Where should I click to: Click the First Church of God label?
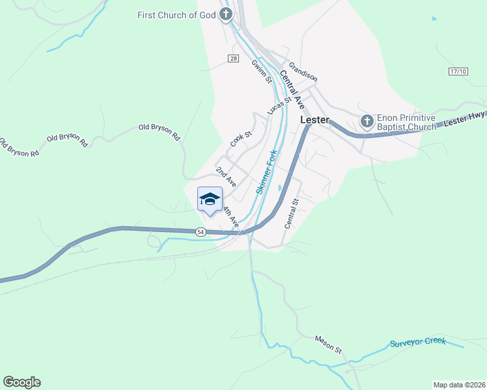[176, 14]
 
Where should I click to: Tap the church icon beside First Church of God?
[226, 14]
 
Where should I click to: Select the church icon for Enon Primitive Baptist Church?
[367, 120]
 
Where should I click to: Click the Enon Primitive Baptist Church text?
[406, 123]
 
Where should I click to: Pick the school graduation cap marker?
[210, 200]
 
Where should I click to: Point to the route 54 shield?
[201, 232]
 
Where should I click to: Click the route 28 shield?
[233, 58]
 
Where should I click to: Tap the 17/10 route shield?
[458, 71]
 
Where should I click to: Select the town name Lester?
[314, 121]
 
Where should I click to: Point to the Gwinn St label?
[260, 71]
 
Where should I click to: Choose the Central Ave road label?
[292, 88]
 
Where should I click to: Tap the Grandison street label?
[303, 72]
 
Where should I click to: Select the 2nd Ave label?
[226, 177]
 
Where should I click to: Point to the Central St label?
[290, 213]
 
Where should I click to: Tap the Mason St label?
[328, 344]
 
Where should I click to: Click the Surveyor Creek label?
[418, 342]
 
